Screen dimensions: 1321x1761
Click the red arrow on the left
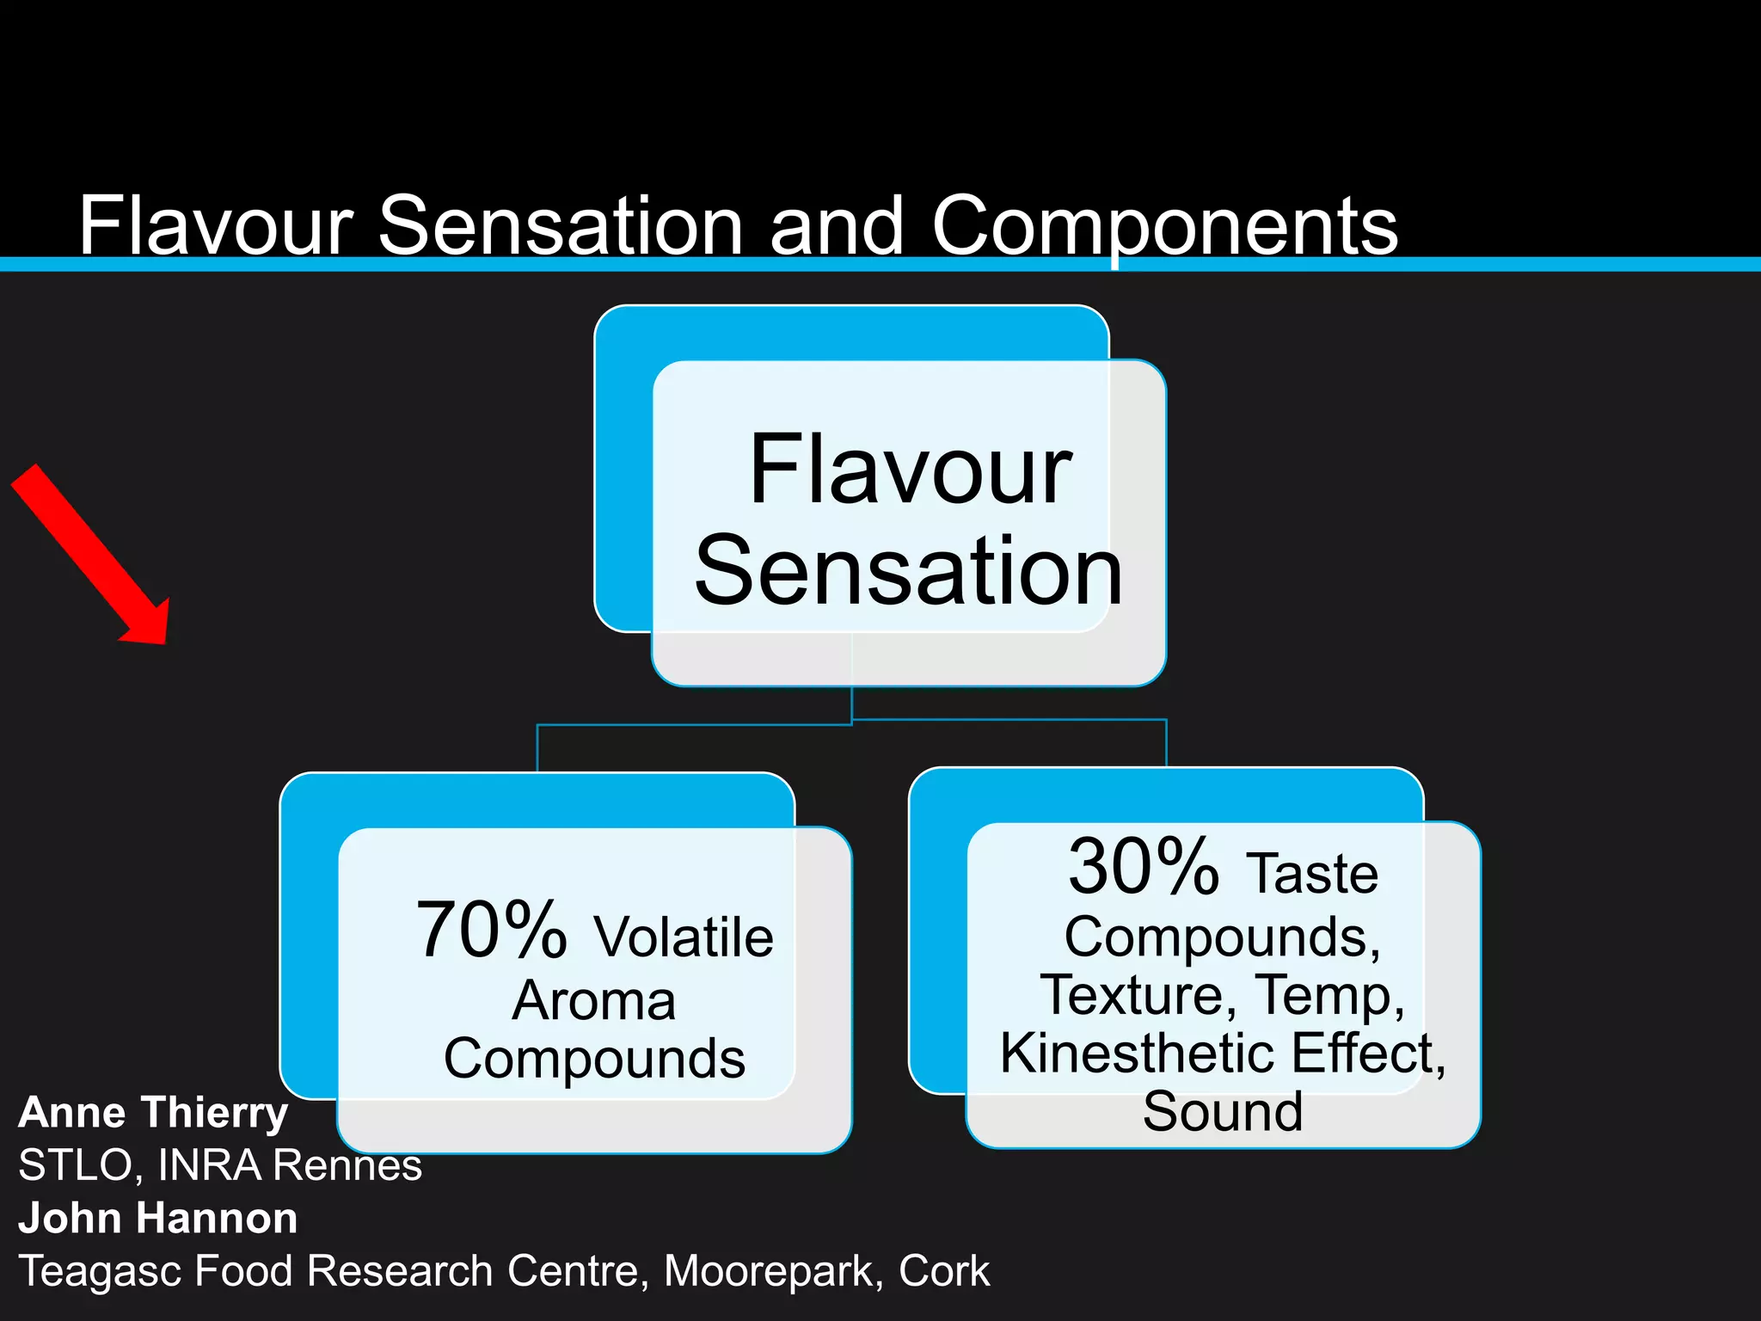[90, 555]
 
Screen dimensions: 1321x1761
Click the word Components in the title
[1164, 225]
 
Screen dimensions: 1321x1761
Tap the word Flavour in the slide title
[215, 225]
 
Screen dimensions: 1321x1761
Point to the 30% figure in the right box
[1143, 866]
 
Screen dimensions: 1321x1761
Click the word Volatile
[684, 937]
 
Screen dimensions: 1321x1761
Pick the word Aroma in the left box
[594, 1000]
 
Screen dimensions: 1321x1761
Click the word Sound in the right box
[1222, 1111]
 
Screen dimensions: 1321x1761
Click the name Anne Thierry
[153, 1112]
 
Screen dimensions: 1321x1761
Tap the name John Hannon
[158, 1218]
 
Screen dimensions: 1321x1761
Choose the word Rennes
[347, 1165]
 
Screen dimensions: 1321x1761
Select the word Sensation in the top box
[908, 570]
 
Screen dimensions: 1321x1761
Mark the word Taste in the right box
[1312, 873]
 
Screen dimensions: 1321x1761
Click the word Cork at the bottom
[943, 1271]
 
